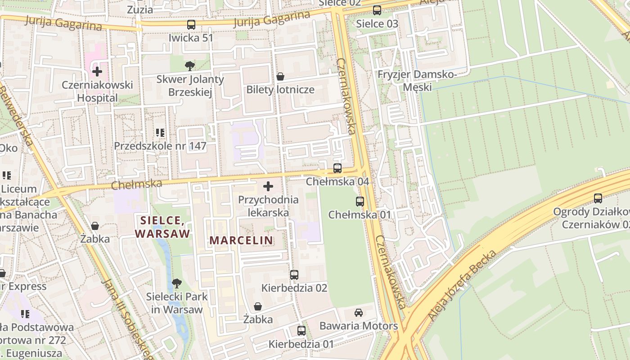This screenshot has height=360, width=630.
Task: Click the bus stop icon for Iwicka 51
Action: pyautogui.click(x=191, y=25)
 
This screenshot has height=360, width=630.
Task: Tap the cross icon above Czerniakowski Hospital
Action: pyautogui.click(x=97, y=71)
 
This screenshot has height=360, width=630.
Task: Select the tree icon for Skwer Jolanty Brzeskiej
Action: pyautogui.click(x=190, y=66)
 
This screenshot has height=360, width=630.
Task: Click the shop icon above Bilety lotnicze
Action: pyautogui.click(x=280, y=76)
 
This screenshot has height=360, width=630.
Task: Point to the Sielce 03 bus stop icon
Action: pyautogui.click(x=377, y=10)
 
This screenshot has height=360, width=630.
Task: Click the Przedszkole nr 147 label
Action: pyautogui.click(x=160, y=146)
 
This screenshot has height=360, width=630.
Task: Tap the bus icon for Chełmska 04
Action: pyautogui.click(x=337, y=168)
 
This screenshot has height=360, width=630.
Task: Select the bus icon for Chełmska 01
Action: pyautogui.click(x=360, y=201)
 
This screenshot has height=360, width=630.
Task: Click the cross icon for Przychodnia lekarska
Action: pyautogui.click(x=268, y=186)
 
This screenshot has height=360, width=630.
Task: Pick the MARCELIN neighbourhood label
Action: pyautogui.click(x=241, y=240)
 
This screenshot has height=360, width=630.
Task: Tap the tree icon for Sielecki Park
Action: pyautogui.click(x=177, y=283)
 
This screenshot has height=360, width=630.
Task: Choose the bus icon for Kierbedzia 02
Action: pyautogui.click(x=294, y=274)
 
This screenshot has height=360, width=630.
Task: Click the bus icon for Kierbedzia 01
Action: pyautogui.click(x=301, y=331)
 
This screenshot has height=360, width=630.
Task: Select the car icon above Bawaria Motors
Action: pyautogui.click(x=359, y=312)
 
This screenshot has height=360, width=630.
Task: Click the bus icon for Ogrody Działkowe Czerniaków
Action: pyautogui.click(x=598, y=198)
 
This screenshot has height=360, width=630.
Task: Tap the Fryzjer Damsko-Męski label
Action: pyautogui.click(x=417, y=81)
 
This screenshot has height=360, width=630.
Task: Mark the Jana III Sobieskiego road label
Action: pyautogui.click(x=128, y=317)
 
